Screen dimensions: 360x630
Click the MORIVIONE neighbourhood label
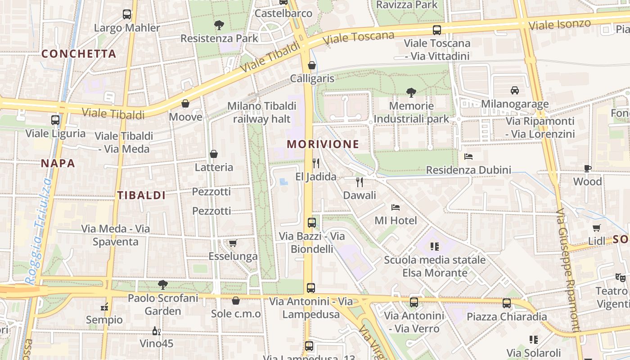click(323, 144)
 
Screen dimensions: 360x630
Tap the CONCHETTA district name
click(79, 54)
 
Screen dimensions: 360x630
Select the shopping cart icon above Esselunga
click(233, 243)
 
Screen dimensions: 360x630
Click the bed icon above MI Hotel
click(396, 207)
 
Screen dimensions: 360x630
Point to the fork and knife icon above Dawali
click(359, 182)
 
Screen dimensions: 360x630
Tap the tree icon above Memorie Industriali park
click(411, 93)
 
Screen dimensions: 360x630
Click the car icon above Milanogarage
click(515, 90)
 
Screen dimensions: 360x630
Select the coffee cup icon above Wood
click(587, 169)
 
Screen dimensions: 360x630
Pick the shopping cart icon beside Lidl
click(597, 228)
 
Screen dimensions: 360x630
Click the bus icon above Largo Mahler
click(127, 14)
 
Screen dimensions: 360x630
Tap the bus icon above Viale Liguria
click(55, 120)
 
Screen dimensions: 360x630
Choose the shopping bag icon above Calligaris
click(312, 66)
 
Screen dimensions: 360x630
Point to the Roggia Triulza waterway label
click(39, 229)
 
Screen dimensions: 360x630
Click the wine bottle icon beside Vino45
click(156, 331)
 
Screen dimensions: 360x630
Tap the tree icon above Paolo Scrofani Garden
click(162, 284)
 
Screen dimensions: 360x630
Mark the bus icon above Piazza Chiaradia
click(507, 303)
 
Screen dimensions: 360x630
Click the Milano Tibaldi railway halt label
click(261, 112)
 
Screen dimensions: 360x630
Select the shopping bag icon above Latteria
click(214, 154)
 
